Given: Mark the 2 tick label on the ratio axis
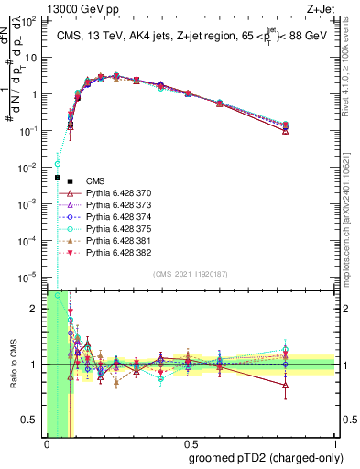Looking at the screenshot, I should click(35, 309).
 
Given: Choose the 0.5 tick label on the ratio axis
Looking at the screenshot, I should click(31, 420).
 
